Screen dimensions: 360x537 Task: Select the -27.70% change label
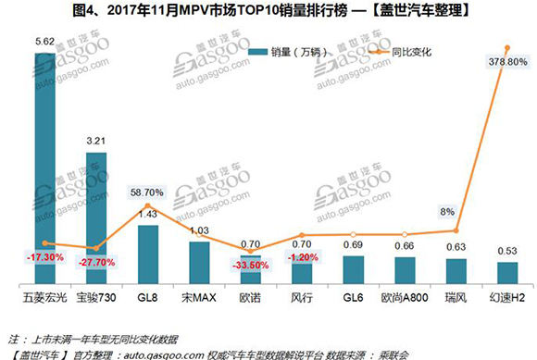pos(94,264)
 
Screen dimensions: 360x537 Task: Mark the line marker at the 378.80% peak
pos(506,47)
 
